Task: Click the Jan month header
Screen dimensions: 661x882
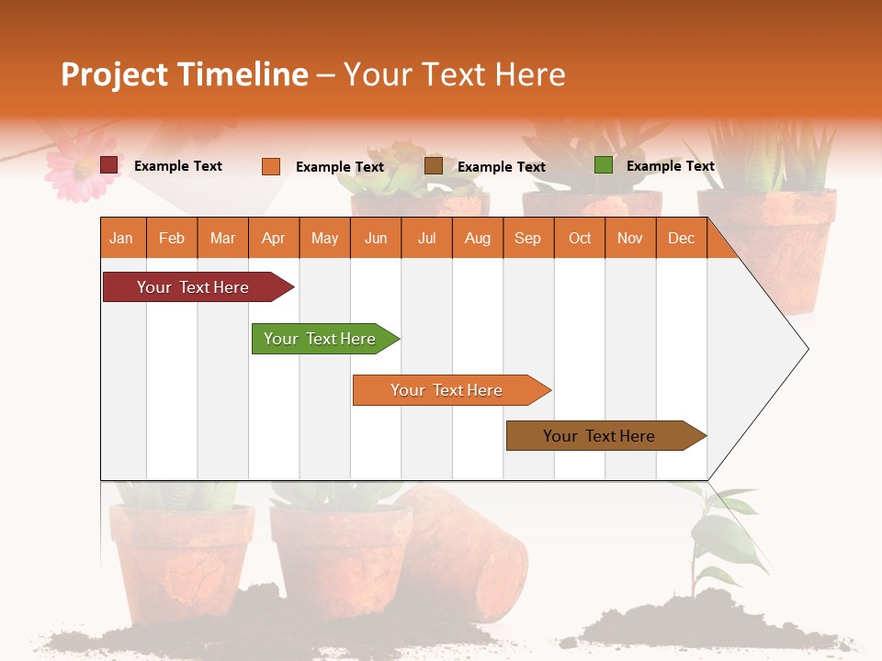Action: coord(121,238)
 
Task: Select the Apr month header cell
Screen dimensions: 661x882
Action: coord(273,238)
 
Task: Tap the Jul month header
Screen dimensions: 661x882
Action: coord(426,238)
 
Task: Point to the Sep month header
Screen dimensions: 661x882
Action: coord(527,238)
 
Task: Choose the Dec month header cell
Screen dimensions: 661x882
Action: coord(681,238)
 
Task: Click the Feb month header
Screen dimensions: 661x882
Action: coord(172,238)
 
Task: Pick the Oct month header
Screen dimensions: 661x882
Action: coord(579,238)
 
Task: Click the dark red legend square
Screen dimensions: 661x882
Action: coord(109,165)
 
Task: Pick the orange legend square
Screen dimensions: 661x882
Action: coord(271,166)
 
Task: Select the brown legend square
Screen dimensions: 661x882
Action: coord(434,165)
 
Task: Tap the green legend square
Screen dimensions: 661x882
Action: coord(604,165)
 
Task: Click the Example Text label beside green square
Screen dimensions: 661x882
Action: coord(670,166)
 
